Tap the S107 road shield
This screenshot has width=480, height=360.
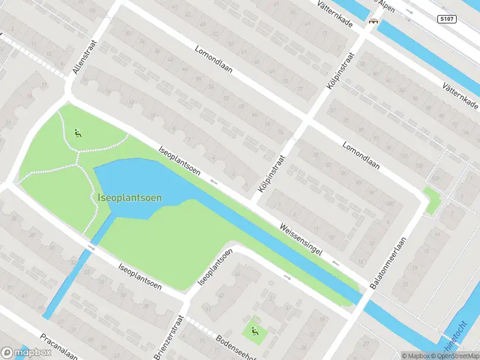click(x=446, y=19)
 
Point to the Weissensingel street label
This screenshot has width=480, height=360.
click(x=305, y=244)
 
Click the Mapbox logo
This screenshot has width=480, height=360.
click(x=27, y=352)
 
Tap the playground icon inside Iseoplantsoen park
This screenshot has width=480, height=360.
click(x=77, y=133)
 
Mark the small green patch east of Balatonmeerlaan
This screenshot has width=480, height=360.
click(x=431, y=200)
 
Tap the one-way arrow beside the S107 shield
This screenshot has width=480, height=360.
click(x=410, y=11)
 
